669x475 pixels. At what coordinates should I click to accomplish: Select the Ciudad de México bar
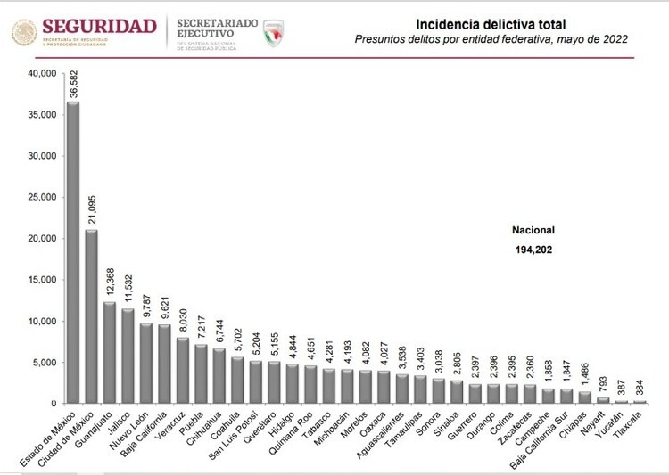pyautogui.click(x=92, y=316)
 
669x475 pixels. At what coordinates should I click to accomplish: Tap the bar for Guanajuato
pyautogui.click(x=110, y=352)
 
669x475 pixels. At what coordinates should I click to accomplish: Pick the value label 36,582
pyautogui.click(x=73, y=80)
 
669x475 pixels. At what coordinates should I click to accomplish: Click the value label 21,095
pyautogui.click(x=92, y=209)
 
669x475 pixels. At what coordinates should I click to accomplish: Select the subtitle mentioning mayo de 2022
pyautogui.click(x=491, y=39)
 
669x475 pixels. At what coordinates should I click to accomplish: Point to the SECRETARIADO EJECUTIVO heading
pyautogui.click(x=217, y=26)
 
